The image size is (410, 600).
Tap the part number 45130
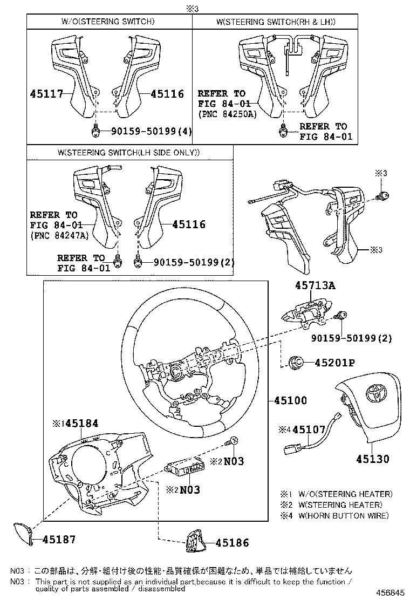(x=372, y=459)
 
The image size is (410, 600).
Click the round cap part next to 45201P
(x=296, y=363)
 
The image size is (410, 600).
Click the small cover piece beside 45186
(x=195, y=541)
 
